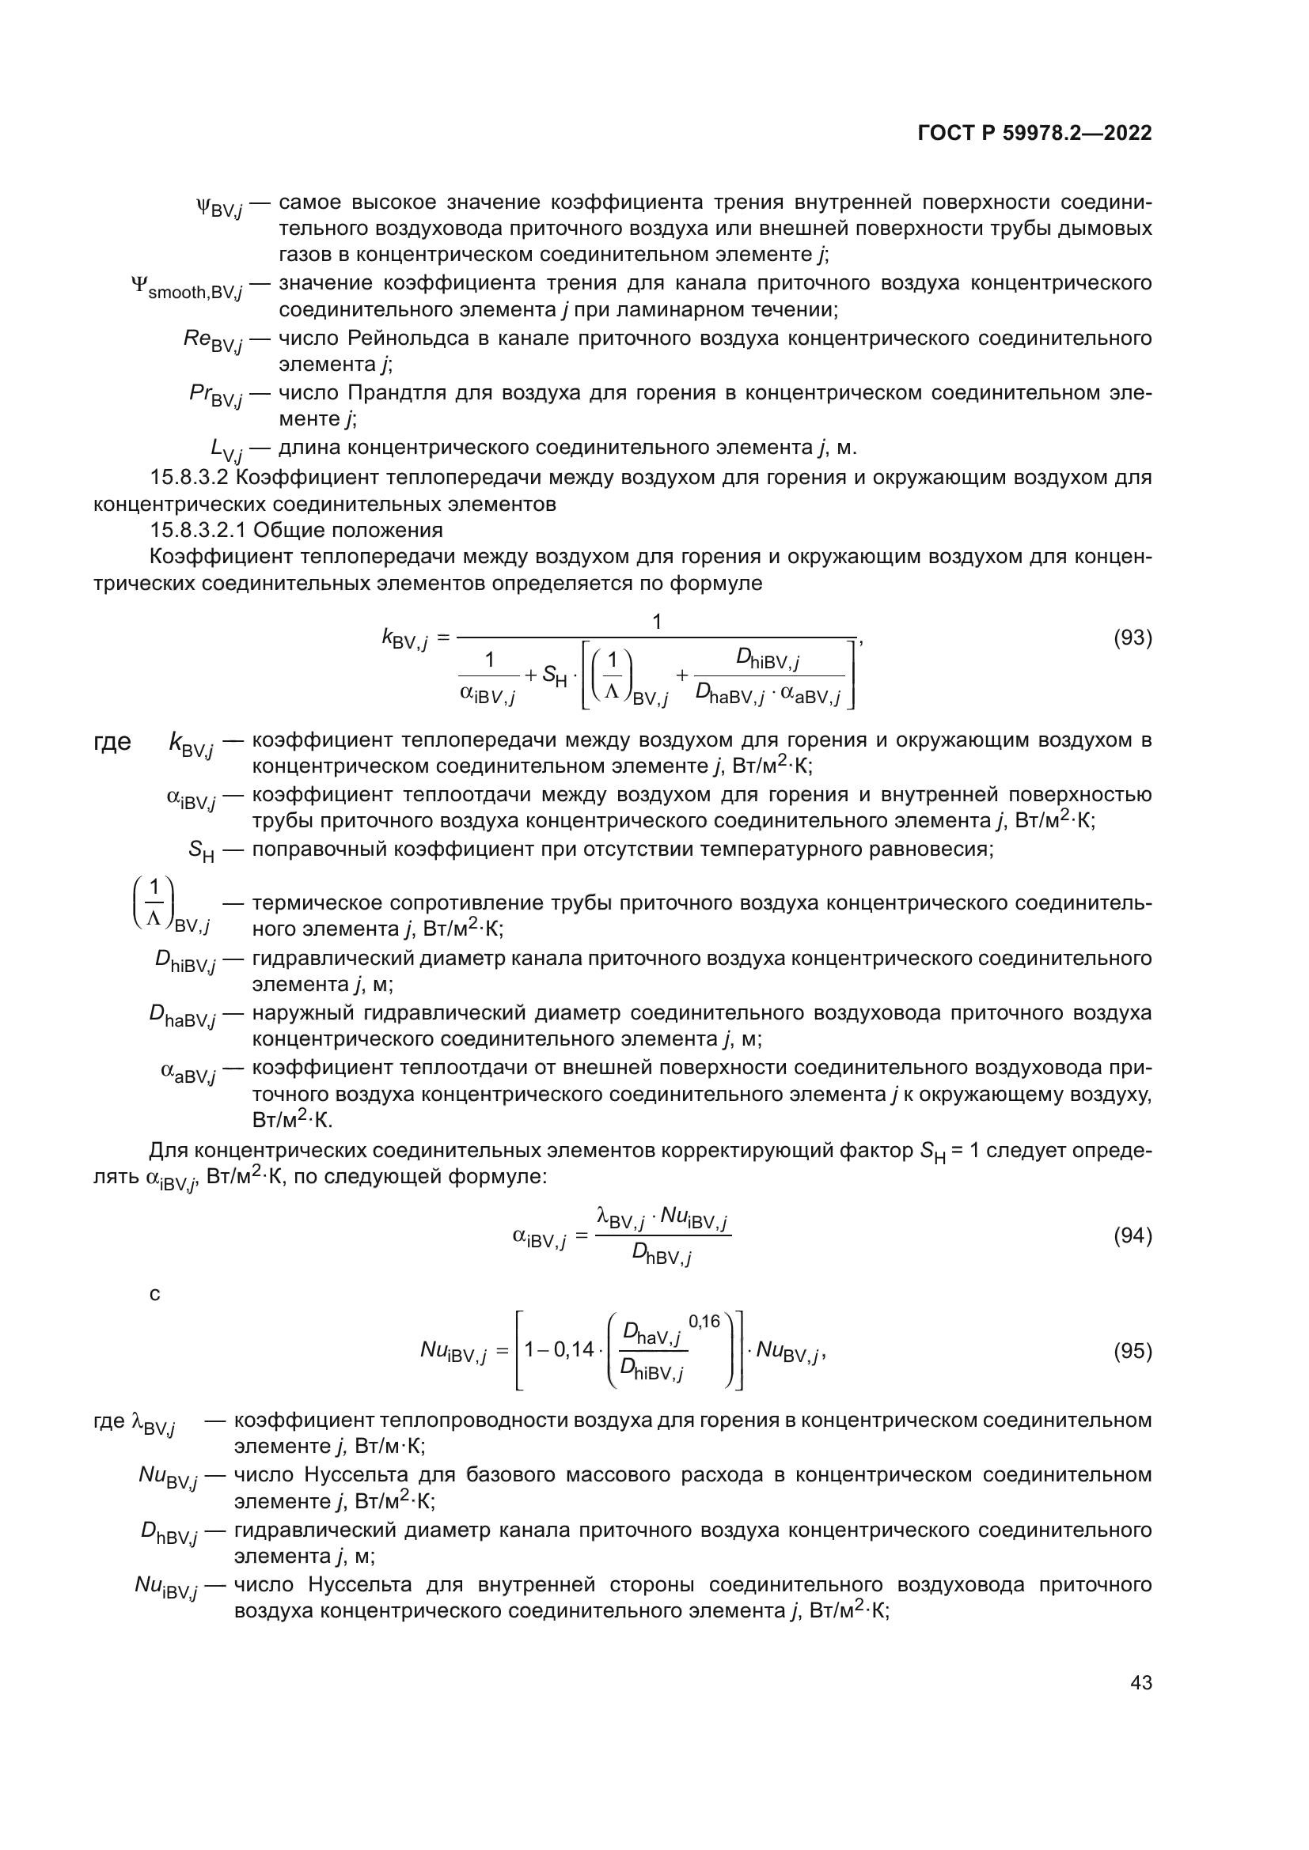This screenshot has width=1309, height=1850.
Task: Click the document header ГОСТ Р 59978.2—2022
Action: [1034, 133]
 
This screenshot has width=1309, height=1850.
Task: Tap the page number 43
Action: [1140, 1682]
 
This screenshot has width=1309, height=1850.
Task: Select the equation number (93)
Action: [1132, 638]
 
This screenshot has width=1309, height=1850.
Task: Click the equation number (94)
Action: [1132, 1235]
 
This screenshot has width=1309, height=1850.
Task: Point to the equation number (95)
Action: [1132, 1351]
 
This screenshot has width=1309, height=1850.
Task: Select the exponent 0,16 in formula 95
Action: [704, 1322]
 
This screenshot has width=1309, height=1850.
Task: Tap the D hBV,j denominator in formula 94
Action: [661, 1254]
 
